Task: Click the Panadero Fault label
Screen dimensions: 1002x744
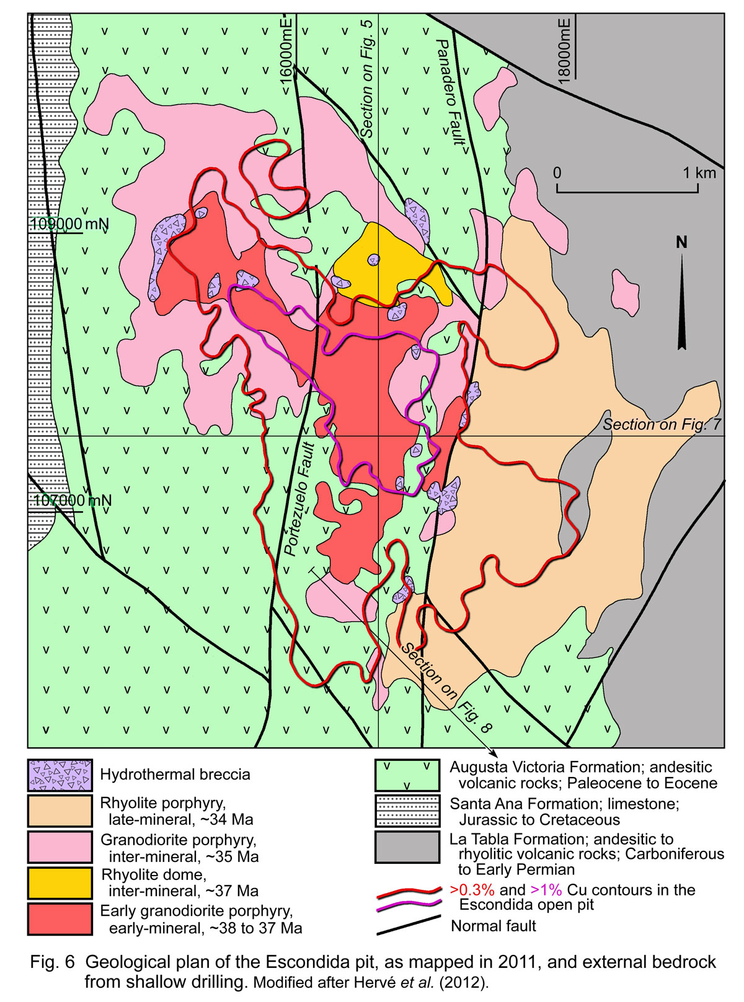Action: (x=450, y=92)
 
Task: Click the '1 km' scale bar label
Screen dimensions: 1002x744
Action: (x=699, y=173)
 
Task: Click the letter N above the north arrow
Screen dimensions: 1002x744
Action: (x=681, y=242)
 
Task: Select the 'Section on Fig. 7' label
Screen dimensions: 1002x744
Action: (x=662, y=424)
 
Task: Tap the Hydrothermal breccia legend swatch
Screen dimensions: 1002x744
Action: (x=60, y=775)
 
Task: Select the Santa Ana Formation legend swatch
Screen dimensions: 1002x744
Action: (x=407, y=811)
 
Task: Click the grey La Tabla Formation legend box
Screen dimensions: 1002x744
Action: (x=407, y=847)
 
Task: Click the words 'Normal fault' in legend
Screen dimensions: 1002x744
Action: (x=493, y=926)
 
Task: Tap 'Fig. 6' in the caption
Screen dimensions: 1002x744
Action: (x=52, y=962)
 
